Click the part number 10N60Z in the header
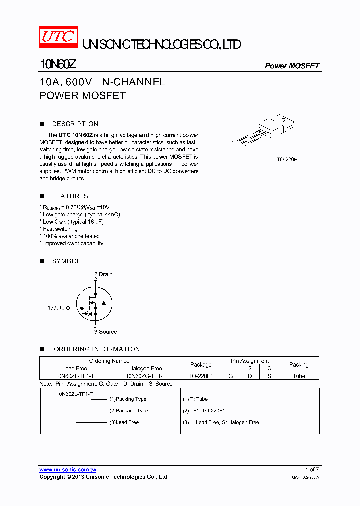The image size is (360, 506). pyautogui.click(x=58, y=65)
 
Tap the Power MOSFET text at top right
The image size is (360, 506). pyautogui.click(x=292, y=66)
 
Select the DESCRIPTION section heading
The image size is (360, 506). pyautogui.click(x=75, y=124)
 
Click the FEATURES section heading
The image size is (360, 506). pyautogui.click(x=70, y=196)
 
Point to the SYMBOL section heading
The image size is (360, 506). pyautogui.click(x=66, y=261)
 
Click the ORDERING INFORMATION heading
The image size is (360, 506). pyautogui.click(x=97, y=349)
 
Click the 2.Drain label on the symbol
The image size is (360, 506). pyautogui.click(x=103, y=274)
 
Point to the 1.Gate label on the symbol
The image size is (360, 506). pyautogui.click(x=56, y=308)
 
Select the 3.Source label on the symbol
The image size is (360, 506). pyautogui.click(x=105, y=332)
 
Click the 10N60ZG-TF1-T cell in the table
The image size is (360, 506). pyautogui.click(x=146, y=376)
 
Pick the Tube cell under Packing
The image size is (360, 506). pyautogui.click(x=299, y=376)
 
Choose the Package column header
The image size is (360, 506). pyautogui.click(x=201, y=365)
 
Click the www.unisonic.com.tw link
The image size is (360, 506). pyautogui.click(x=68, y=470)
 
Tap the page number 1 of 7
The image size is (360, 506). pyautogui.click(x=312, y=469)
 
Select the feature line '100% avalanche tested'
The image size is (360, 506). pyautogui.click(x=71, y=236)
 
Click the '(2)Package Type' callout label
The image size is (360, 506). pyautogui.click(x=129, y=411)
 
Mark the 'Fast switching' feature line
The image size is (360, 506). pyautogui.click(x=60, y=229)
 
